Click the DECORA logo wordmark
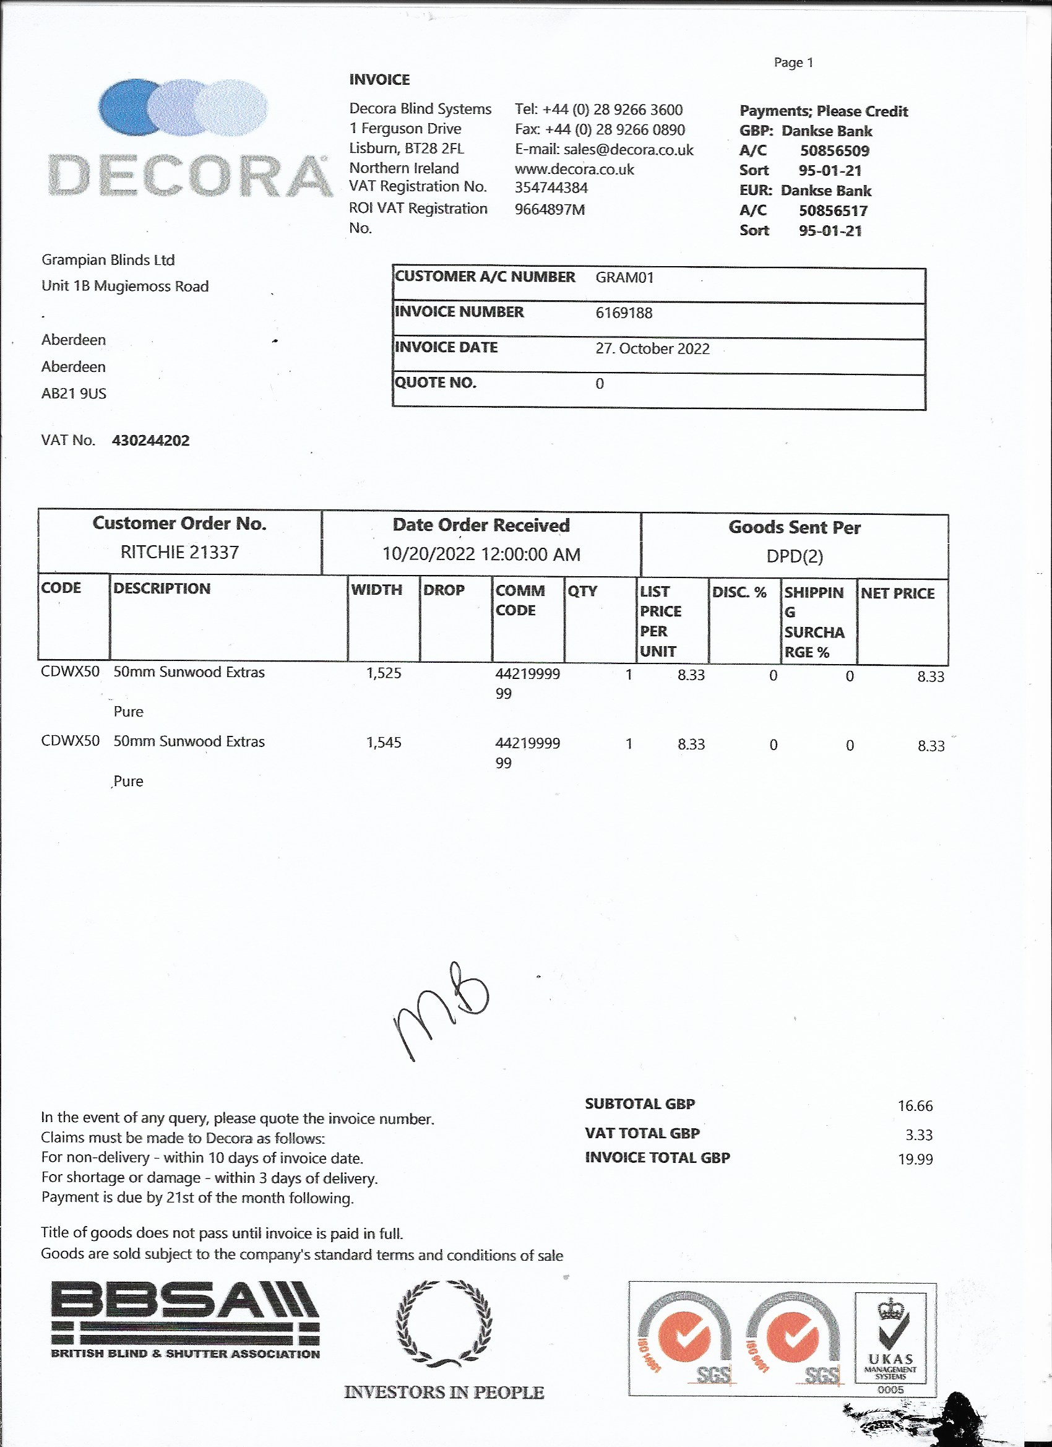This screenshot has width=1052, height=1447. pos(190,175)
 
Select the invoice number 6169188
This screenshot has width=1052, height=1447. pos(623,313)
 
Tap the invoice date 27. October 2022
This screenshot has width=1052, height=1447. pos(652,348)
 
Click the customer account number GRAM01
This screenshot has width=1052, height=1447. pos(624,277)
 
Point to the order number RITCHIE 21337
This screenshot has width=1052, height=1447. pos(179,552)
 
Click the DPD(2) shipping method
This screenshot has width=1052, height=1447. pos(795,556)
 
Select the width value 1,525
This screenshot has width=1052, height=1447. pos(384,673)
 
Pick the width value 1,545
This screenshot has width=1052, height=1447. pos(384,742)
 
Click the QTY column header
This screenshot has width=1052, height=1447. pos(582,591)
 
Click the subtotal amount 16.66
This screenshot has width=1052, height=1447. pos(915,1105)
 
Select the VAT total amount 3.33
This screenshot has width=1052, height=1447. pos(919,1134)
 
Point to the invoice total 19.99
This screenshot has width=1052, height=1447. pos(915,1159)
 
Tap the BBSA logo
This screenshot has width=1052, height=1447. pos(185,1321)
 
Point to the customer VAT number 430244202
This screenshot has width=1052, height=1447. pos(150,441)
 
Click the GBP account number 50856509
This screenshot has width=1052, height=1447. pos(834,151)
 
